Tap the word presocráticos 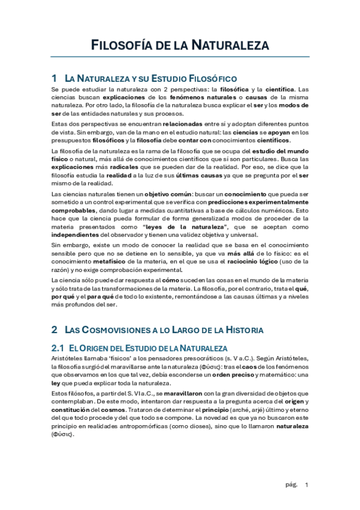[x=183, y=358]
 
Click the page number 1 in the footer [x=307, y=485]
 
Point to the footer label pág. [x=291, y=485]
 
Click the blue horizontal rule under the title [x=180, y=57]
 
